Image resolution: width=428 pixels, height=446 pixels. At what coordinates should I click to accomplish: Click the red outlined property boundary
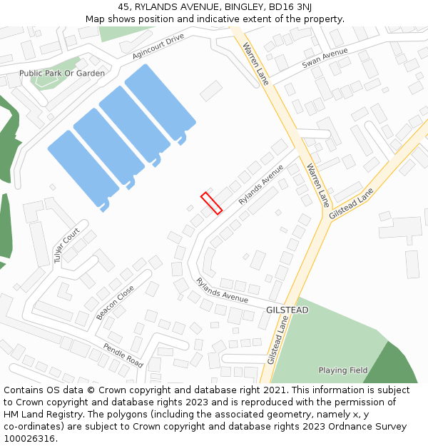coord(211,203)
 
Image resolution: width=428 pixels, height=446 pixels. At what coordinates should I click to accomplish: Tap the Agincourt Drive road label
coord(158,46)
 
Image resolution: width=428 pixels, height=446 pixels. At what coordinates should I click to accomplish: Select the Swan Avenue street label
coord(325,58)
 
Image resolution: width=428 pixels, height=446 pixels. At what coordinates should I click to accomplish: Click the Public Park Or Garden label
coord(62,74)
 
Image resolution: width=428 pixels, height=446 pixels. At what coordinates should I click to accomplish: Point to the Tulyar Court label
coord(66,245)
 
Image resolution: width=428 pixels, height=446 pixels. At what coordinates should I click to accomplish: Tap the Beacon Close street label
coord(115,303)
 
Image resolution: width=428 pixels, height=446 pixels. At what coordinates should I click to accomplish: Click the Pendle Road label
coord(123,355)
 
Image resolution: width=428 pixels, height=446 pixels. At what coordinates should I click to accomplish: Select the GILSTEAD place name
coord(287,310)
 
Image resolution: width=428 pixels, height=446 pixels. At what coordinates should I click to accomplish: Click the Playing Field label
coord(343,370)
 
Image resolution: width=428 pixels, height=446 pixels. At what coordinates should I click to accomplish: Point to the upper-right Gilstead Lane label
coord(351,203)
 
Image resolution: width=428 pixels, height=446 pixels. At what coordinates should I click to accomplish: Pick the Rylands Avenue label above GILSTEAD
coord(222,289)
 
